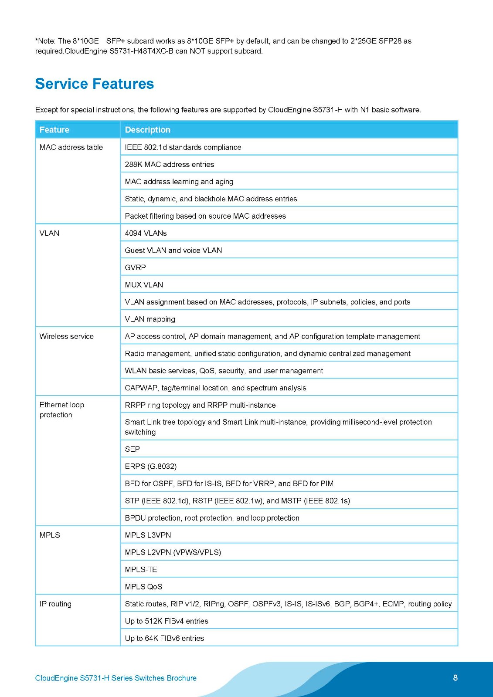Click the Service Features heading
click(x=94, y=84)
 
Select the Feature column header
click(x=54, y=130)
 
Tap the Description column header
click(x=147, y=130)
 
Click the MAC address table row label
click(x=71, y=147)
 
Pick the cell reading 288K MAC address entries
click(x=169, y=164)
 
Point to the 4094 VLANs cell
click(x=146, y=233)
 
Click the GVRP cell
click(x=135, y=267)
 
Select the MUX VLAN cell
click(x=144, y=284)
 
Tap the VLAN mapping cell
click(x=150, y=319)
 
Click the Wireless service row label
click(x=66, y=336)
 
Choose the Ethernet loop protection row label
click(x=61, y=409)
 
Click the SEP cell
click(x=132, y=449)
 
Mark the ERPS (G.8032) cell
click(x=150, y=466)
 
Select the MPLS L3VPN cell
click(x=148, y=535)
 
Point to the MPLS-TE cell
click(x=141, y=569)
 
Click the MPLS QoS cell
click(x=143, y=587)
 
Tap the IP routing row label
click(x=55, y=604)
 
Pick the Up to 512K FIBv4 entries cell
click(x=167, y=621)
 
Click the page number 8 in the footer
click(x=456, y=677)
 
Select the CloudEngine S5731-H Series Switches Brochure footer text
click(x=116, y=678)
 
